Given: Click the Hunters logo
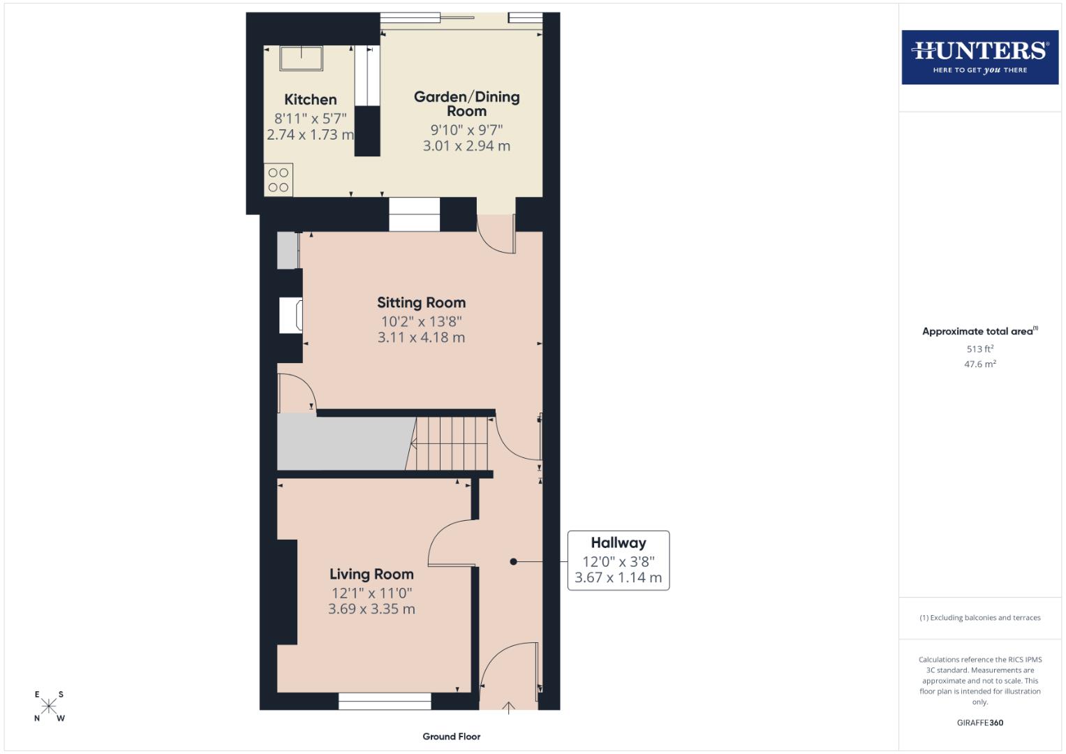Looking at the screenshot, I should (x=979, y=57).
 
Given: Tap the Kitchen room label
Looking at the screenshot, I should (x=310, y=100).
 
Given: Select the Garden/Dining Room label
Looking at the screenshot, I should (x=466, y=103).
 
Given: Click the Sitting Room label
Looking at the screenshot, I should (x=421, y=303).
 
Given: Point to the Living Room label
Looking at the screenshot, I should (x=371, y=575).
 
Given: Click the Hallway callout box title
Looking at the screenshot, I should (x=618, y=543).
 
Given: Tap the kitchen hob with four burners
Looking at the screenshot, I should (x=279, y=179).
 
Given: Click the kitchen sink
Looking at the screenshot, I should (x=302, y=58).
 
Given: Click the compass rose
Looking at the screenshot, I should (x=49, y=706).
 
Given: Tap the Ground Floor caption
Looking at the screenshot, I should (x=451, y=737).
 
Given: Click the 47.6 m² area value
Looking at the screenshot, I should (x=979, y=364).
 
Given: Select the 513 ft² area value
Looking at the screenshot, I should (x=979, y=349).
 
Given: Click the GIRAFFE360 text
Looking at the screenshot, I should (x=979, y=723).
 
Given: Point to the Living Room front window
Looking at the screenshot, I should (x=385, y=701).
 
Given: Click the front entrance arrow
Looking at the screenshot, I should (x=509, y=707).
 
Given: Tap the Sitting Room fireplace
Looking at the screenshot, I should (x=290, y=316).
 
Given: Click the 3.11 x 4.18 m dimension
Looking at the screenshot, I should (x=421, y=338).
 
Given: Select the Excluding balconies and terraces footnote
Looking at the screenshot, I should (x=979, y=618).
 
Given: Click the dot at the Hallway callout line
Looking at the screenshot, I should (x=513, y=561).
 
